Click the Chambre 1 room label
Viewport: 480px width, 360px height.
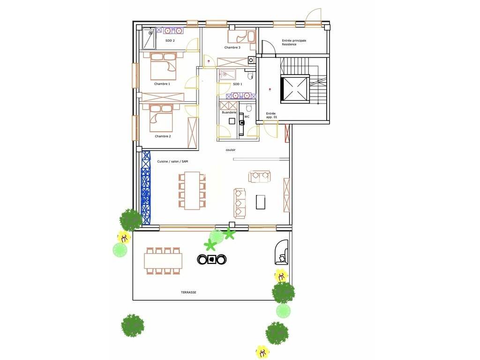[162, 83]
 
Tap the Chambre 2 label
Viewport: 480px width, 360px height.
[163, 136]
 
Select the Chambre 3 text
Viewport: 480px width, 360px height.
[232, 47]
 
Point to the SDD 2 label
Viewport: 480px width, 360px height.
[170, 40]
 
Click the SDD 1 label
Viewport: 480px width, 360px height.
[237, 84]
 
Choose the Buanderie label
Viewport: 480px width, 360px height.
[229, 112]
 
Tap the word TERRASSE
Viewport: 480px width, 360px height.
[188, 292]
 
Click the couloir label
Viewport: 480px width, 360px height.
[231, 150]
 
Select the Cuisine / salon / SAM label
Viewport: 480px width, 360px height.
[172, 161]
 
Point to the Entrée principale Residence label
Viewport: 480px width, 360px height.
[294, 42]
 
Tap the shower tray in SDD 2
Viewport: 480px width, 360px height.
[149, 38]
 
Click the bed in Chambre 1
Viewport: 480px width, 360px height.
[164, 66]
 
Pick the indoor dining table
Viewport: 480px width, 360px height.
[192, 191]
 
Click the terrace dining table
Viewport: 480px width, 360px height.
[163, 261]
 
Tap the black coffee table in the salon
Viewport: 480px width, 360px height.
[261, 202]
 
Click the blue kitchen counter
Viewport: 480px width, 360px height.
[146, 188]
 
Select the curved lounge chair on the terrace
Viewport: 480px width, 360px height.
[281, 252]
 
